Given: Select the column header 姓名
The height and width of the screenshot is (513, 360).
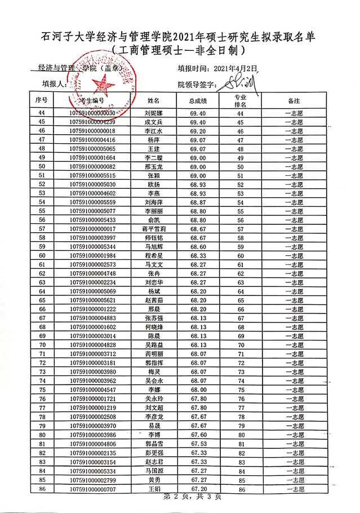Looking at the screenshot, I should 154,101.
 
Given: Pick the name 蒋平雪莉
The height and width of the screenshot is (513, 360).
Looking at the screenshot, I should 154,229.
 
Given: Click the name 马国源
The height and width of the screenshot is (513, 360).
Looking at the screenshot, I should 154,471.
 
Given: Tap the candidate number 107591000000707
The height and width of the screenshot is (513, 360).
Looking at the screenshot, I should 91,489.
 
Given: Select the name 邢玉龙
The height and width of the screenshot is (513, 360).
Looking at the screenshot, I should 154,167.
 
